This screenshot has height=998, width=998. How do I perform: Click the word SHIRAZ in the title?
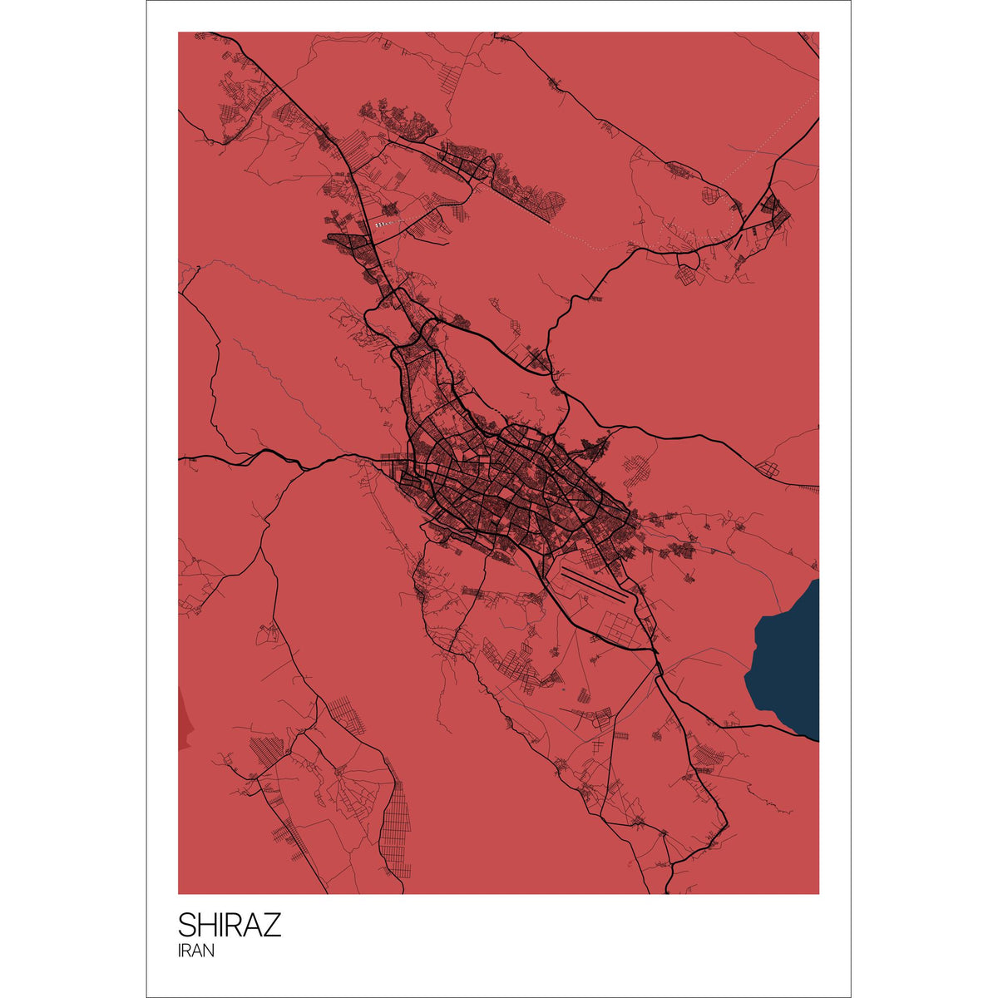pos(230,925)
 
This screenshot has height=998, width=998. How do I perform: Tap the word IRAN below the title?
pos(195,951)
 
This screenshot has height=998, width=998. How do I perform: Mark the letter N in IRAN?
pos(209,951)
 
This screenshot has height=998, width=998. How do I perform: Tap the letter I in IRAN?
pos(180,951)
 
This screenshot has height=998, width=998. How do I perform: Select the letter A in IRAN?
pos(199,951)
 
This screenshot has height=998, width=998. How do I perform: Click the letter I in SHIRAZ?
pos(223,925)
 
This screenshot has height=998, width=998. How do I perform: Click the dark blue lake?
pos(786,657)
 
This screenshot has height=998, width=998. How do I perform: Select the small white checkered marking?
pos(382,224)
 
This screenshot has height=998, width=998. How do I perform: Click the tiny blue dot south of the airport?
pos(563,689)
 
